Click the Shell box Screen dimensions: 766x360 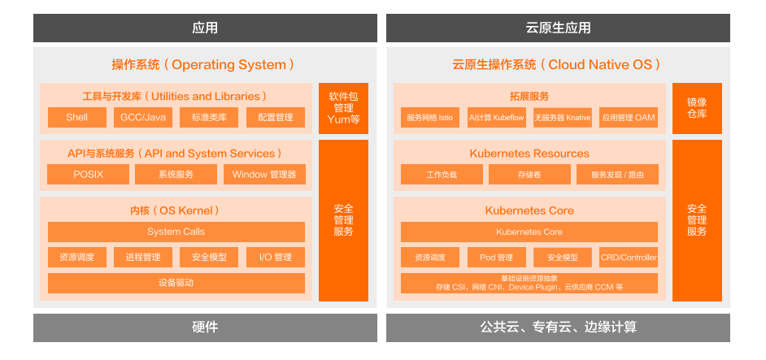(77, 117)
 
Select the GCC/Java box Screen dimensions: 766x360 (143, 117)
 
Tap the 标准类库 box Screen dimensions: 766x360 (209, 117)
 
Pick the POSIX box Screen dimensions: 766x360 (88, 175)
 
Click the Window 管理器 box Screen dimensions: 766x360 (264, 175)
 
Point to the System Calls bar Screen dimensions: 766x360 (176, 232)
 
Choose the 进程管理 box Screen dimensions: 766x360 (143, 258)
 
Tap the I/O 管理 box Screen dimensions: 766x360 (275, 258)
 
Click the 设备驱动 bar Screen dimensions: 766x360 (176, 284)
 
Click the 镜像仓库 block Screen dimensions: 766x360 (697, 108)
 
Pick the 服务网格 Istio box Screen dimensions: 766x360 (430, 117)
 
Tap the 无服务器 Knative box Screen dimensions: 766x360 (562, 117)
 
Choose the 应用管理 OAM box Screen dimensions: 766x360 (629, 117)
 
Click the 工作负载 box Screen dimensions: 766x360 (442, 175)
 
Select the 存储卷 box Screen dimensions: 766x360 (529, 175)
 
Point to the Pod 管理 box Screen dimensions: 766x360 (496, 258)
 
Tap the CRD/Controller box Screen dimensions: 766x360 (629, 258)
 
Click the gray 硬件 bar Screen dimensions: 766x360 (205, 327)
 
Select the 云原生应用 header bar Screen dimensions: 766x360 (558, 28)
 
